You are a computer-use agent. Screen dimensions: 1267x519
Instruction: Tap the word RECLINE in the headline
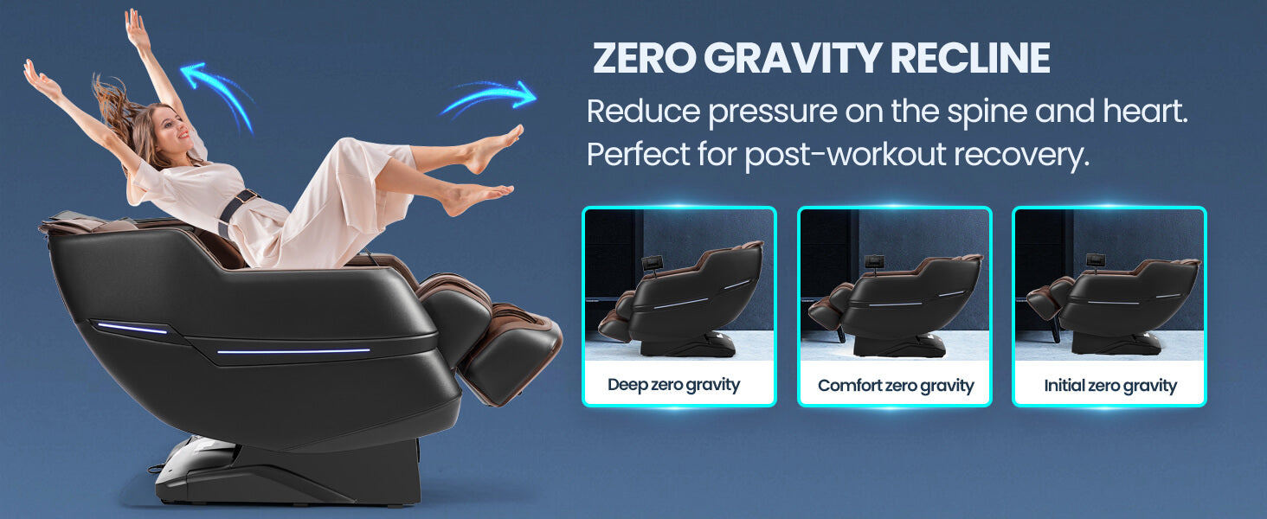pos(970,58)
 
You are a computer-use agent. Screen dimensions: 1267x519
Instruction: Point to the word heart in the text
pos(1144,111)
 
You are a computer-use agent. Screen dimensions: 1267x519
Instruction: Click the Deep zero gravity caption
pos(673,385)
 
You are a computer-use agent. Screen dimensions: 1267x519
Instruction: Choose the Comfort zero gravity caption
pos(896,386)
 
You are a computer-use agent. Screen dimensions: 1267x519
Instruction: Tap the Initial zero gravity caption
pos(1109,386)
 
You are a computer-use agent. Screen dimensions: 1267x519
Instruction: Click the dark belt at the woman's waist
pos(236,210)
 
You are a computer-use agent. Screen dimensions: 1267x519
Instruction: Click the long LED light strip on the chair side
pos(293,351)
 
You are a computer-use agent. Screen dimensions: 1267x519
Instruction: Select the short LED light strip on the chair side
pos(132,329)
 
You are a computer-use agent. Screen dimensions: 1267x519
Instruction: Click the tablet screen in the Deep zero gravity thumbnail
pos(653,262)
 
